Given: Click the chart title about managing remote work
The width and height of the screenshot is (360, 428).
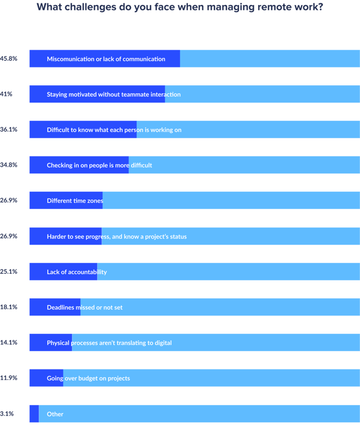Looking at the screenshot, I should [x=179, y=8].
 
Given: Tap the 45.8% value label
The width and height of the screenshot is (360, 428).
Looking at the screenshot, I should [x=9, y=58].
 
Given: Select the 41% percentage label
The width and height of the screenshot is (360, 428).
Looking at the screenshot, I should [x=7, y=94].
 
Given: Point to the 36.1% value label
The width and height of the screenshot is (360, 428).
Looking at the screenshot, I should [x=9, y=129].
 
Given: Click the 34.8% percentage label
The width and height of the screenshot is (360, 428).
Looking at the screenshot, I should [x=9, y=165].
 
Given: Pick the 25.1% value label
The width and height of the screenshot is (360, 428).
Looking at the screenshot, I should [x=9, y=271].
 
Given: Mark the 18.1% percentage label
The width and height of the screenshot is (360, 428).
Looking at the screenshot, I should [x=9, y=307].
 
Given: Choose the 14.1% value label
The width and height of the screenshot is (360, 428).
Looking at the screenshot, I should [x=9, y=343].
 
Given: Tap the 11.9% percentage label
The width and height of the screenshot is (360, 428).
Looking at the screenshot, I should [x=9, y=378].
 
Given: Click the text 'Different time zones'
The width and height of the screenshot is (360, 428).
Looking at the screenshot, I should [x=75, y=201].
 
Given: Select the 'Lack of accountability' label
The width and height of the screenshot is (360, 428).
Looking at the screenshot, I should [x=76, y=272].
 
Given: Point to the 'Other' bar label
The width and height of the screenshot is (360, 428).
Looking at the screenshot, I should [x=55, y=414].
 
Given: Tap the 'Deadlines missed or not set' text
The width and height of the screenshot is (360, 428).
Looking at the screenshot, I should [x=85, y=308].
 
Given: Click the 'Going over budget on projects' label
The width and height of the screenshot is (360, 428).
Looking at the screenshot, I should [x=88, y=378].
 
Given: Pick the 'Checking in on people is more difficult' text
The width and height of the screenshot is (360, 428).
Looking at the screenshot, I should [x=99, y=166].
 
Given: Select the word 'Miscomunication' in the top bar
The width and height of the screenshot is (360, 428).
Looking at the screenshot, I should [x=70, y=59].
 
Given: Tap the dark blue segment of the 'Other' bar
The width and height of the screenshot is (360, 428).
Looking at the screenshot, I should [x=33, y=414].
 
